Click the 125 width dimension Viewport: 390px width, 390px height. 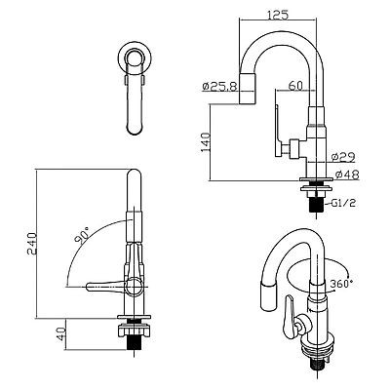click(x=280, y=16)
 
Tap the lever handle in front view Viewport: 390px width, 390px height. click(x=105, y=286)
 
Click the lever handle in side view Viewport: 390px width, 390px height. click(x=284, y=127)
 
